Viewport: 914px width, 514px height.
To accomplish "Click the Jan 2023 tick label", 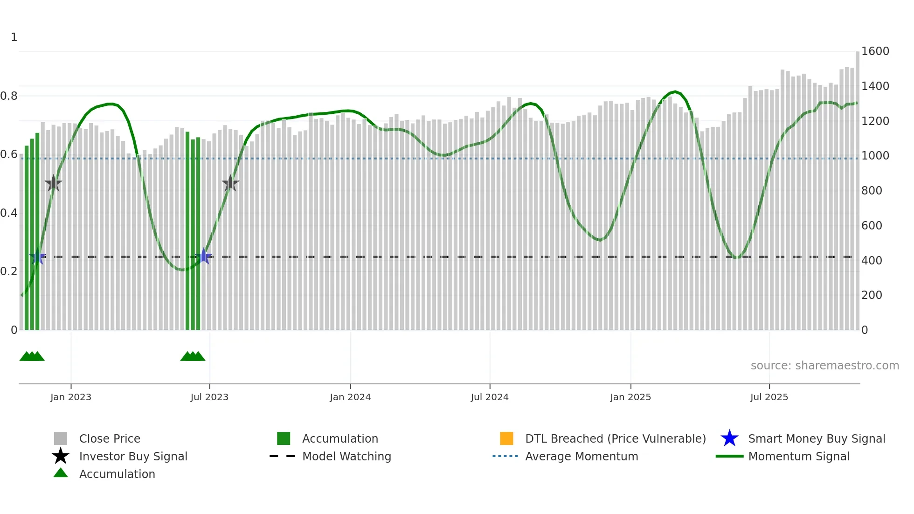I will (x=71, y=397).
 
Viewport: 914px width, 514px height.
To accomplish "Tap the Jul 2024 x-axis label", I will (x=490, y=397).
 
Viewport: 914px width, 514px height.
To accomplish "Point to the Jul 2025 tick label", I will (x=769, y=397).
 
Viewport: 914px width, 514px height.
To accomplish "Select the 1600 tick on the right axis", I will (x=875, y=51).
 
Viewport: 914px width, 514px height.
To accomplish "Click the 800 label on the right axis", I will (x=872, y=191).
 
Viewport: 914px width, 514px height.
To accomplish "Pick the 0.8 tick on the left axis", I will (x=9, y=96).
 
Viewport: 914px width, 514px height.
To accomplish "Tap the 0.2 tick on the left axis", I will (x=9, y=271).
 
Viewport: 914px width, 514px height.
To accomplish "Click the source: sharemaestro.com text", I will (x=824, y=366).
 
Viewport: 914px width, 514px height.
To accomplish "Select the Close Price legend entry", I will (x=110, y=439).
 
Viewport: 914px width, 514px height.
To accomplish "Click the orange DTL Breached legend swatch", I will (x=506, y=438).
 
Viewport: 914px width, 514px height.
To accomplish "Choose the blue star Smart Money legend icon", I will (x=729, y=438).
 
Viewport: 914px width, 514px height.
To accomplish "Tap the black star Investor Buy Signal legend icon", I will (x=61, y=456).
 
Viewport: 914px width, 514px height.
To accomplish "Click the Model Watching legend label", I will (x=346, y=457).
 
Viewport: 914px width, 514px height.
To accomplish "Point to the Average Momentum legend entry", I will (x=582, y=457).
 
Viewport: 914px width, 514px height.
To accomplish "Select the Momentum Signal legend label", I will (x=799, y=457).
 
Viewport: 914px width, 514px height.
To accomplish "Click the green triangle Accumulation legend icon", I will (x=61, y=473).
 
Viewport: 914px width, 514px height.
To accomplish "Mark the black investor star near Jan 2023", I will (x=54, y=184).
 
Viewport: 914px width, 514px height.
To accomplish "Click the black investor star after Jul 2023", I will (x=230, y=184).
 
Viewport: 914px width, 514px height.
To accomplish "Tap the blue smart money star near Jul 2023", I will (x=204, y=257).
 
